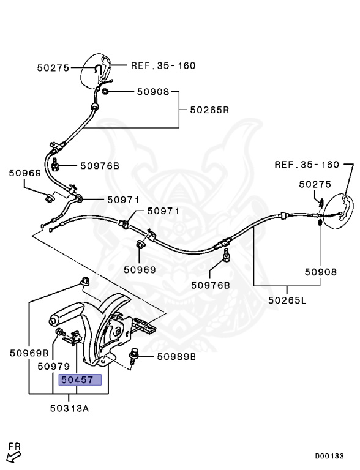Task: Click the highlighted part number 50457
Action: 76,380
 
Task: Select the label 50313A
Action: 69,408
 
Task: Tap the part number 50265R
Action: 209,110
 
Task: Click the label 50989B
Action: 176,356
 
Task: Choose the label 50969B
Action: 29,353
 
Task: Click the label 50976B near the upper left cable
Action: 99,166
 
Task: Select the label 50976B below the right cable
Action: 210,285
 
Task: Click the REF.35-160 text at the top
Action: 163,65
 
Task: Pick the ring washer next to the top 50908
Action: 105,92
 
